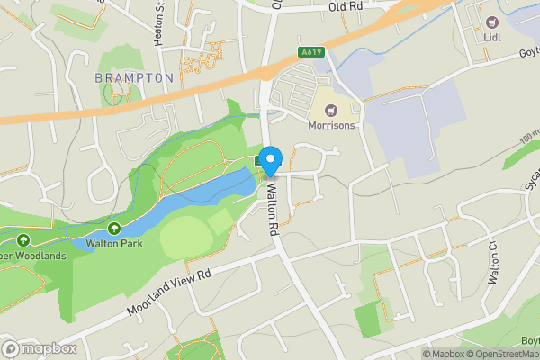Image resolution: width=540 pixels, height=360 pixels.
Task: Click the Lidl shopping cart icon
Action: (x=492, y=22)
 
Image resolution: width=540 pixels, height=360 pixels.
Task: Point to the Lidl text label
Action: (x=492, y=37)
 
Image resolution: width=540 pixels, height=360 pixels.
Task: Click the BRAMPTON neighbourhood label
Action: (x=134, y=78)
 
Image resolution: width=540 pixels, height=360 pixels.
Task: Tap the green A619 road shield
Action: (x=312, y=52)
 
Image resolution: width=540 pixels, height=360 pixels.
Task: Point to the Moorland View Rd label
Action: (x=168, y=288)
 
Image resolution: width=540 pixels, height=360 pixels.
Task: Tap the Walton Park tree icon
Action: (x=114, y=229)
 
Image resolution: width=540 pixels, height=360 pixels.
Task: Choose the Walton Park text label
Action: (x=114, y=243)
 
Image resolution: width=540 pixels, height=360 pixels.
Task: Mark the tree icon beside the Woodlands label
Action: (x=23, y=240)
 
